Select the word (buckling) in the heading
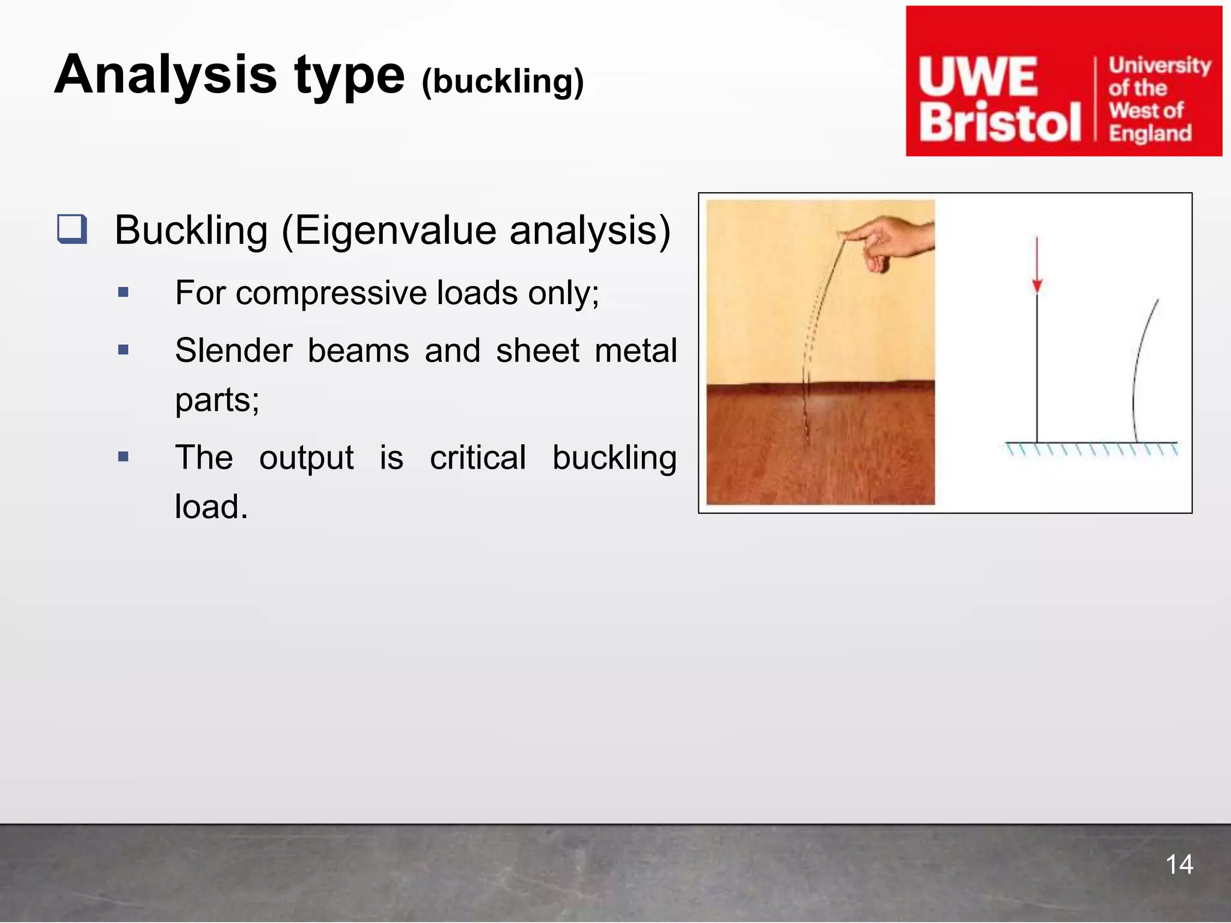[502, 82]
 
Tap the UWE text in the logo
[978, 77]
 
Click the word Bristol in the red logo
[1000, 123]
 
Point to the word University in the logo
[1159, 65]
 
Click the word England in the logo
[1150, 133]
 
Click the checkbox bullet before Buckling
[72, 229]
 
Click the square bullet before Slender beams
[124, 350]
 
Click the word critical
[478, 458]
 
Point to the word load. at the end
[211, 507]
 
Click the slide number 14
[1179, 865]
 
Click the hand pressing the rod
[893, 240]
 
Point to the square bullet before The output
[124, 457]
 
